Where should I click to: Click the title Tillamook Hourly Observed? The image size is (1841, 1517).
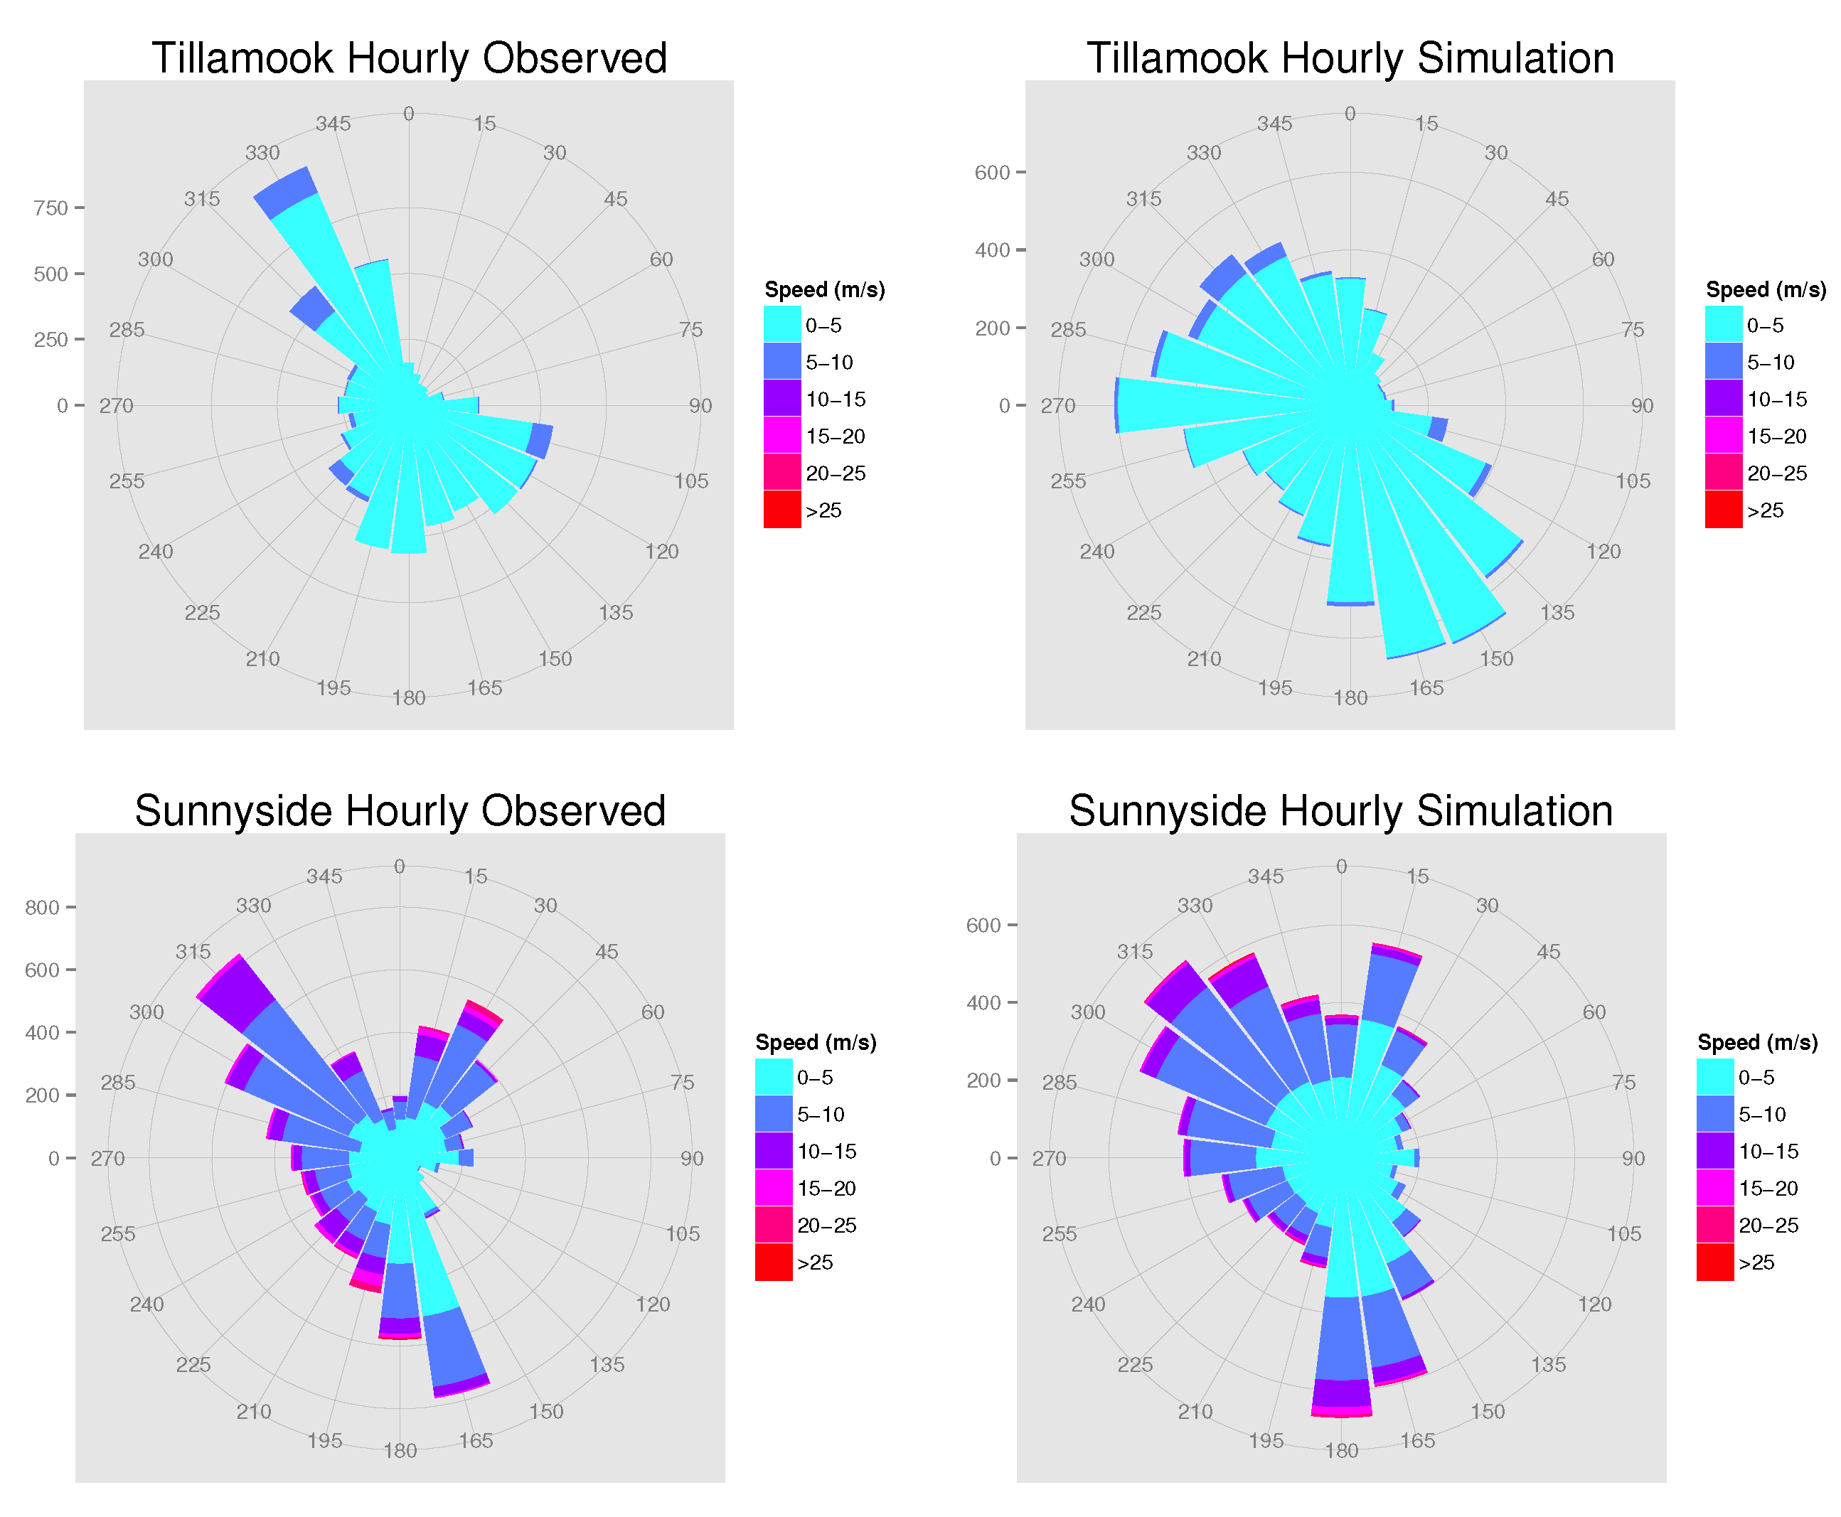(x=409, y=58)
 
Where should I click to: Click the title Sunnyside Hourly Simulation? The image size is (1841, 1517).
(x=1340, y=810)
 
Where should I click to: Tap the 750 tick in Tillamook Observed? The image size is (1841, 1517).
(x=50, y=208)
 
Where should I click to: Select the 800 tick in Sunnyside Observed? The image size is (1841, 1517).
(x=42, y=907)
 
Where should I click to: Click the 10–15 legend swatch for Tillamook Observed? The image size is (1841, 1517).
(x=781, y=399)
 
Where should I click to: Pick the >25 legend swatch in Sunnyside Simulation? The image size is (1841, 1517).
(x=1714, y=1262)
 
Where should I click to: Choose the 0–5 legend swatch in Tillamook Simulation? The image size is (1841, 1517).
(x=1723, y=324)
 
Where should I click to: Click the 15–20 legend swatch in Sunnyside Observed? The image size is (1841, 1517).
(x=773, y=1188)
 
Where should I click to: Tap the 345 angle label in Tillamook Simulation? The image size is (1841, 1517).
(x=1274, y=123)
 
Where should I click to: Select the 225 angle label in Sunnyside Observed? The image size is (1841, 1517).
(x=193, y=1364)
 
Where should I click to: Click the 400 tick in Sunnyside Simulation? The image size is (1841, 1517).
(x=983, y=1002)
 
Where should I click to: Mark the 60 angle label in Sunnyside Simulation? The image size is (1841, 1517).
(x=1594, y=1012)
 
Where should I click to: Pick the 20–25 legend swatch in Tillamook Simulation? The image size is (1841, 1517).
(x=1723, y=473)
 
